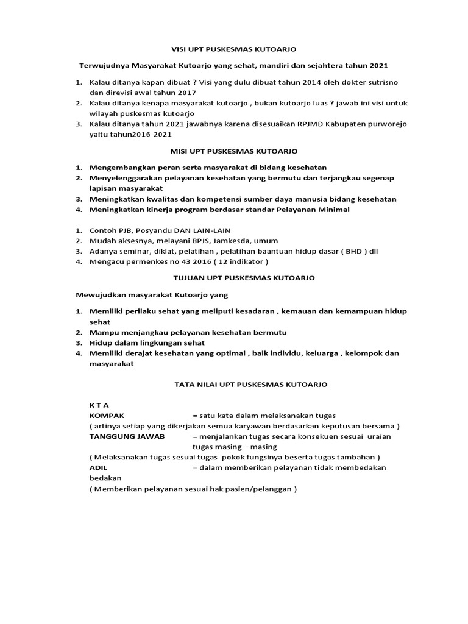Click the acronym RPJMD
point(313,124)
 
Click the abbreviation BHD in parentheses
point(336,252)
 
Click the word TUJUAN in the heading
point(189,278)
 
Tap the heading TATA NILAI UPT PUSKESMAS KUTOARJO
point(247,385)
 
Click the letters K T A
point(99,405)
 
